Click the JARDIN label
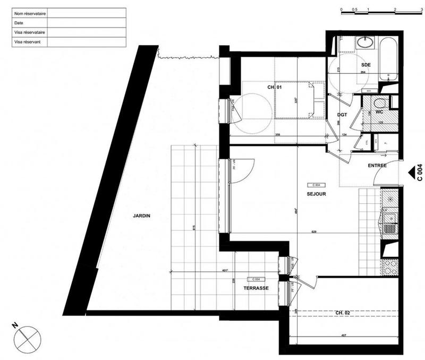point(142,216)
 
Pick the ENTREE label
point(377,166)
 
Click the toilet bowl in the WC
point(379,103)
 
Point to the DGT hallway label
point(343,115)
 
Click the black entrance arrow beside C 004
point(412,172)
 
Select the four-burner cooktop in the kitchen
point(390,266)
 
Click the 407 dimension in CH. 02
point(345,336)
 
